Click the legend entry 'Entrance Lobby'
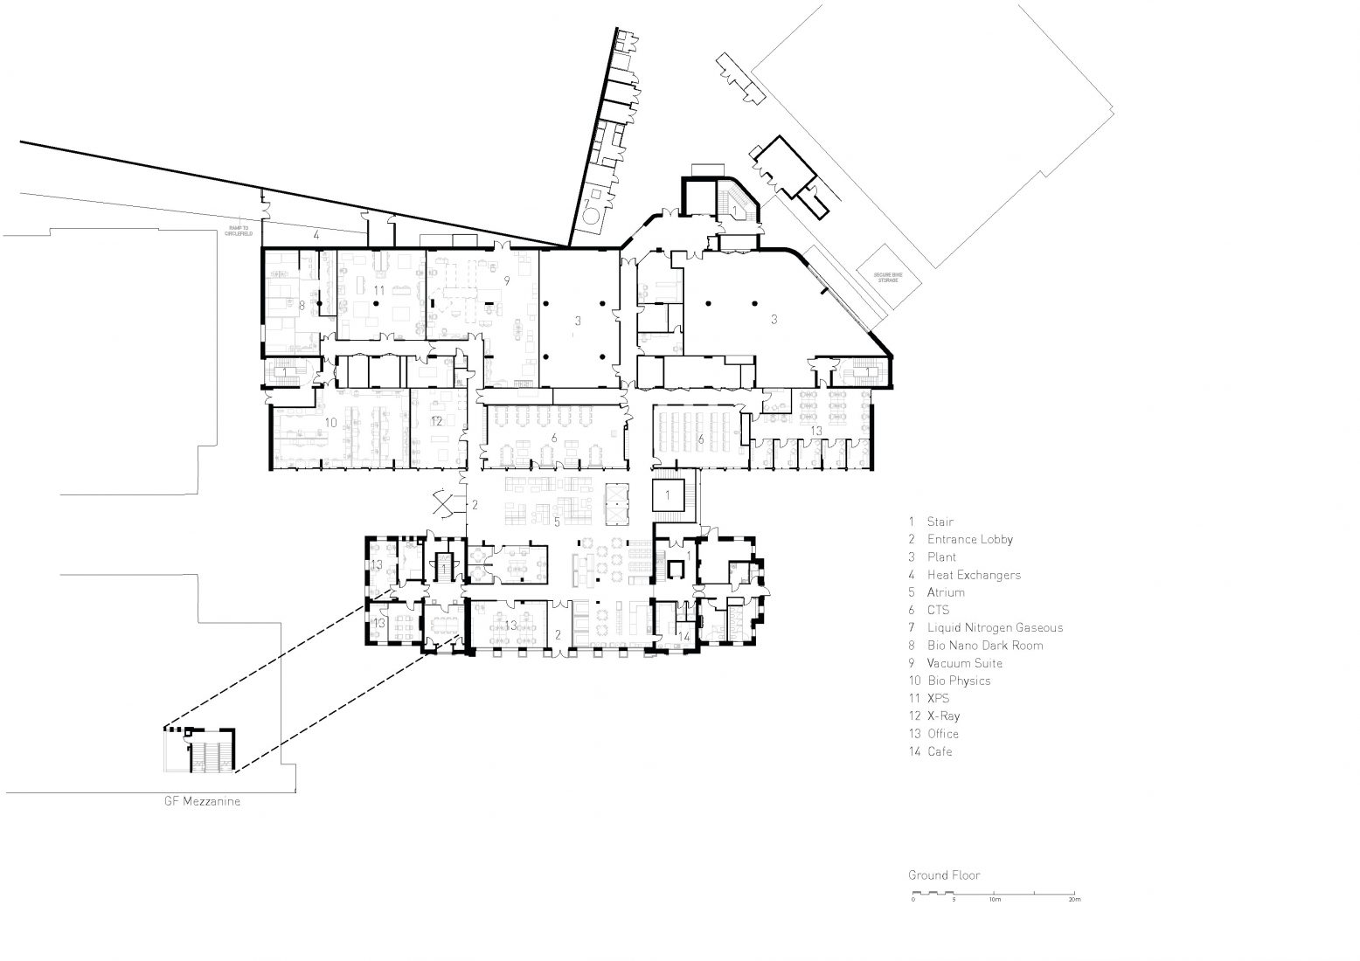tap(969, 539)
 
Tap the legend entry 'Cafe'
tap(940, 751)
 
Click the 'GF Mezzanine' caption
tap(202, 799)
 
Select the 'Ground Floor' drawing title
tap(943, 875)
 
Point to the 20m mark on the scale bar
tap(1074, 899)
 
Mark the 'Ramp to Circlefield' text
tap(238, 232)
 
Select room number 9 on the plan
tap(506, 280)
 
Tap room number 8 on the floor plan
tap(302, 306)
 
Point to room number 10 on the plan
tap(330, 422)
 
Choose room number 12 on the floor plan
tap(436, 421)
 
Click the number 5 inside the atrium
tap(557, 522)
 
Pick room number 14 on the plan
tap(684, 637)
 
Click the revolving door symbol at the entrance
tap(447, 505)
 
